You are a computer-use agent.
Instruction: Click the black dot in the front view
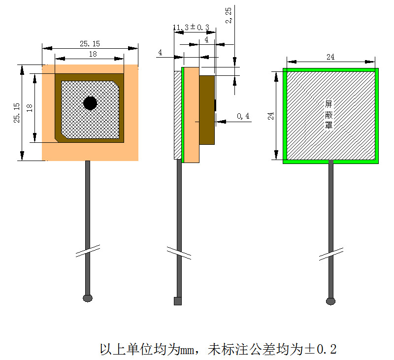(90, 103)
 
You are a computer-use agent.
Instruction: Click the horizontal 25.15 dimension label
(90, 44)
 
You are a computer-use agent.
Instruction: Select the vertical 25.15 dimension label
(17, 113)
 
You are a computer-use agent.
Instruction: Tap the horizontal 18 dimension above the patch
(93, 54)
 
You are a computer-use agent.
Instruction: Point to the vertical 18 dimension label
(30, 108)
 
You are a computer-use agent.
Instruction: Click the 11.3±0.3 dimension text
(191, 27)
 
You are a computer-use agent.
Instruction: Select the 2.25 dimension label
(229, 16)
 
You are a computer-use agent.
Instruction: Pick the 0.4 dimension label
(243, 116)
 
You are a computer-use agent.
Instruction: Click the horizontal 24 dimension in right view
(330, 57)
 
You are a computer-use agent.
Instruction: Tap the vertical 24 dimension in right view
(270, 116)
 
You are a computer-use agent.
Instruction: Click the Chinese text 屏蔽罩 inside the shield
(328, 115)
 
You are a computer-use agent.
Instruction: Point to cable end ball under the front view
(88, 298)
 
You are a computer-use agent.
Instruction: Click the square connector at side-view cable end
(178, 301)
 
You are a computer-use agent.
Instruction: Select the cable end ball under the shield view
(330, 301)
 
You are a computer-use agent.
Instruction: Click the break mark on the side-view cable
(179, 253)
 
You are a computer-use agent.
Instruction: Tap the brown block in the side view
(207, 110)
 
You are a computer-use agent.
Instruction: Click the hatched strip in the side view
(178, 115)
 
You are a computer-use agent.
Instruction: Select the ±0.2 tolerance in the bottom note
(321, 349)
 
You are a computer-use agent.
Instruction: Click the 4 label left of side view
(160, 52)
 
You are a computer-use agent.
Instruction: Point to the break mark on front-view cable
(88, 251)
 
